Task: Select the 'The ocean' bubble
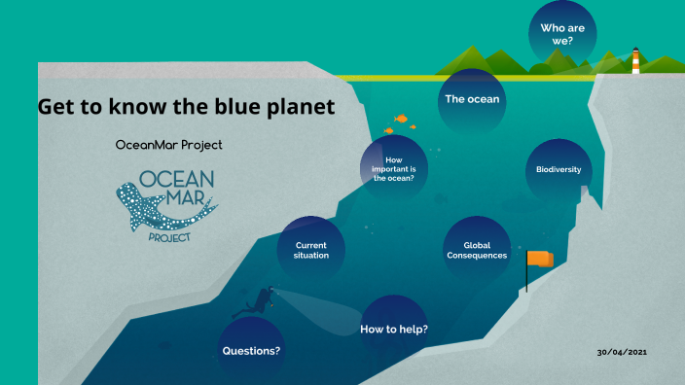tap(472, 99)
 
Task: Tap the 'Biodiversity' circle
tap(559, 170)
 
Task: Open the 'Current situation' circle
tap(311, 249)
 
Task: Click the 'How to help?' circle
tap(394, 329)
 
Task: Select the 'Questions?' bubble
tap(251, 349)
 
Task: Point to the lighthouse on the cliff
tap(636, 60)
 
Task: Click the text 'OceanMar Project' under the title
tap(168, 145)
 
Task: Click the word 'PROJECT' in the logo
tap(168, 236)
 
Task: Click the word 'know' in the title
tap(133, 107)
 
